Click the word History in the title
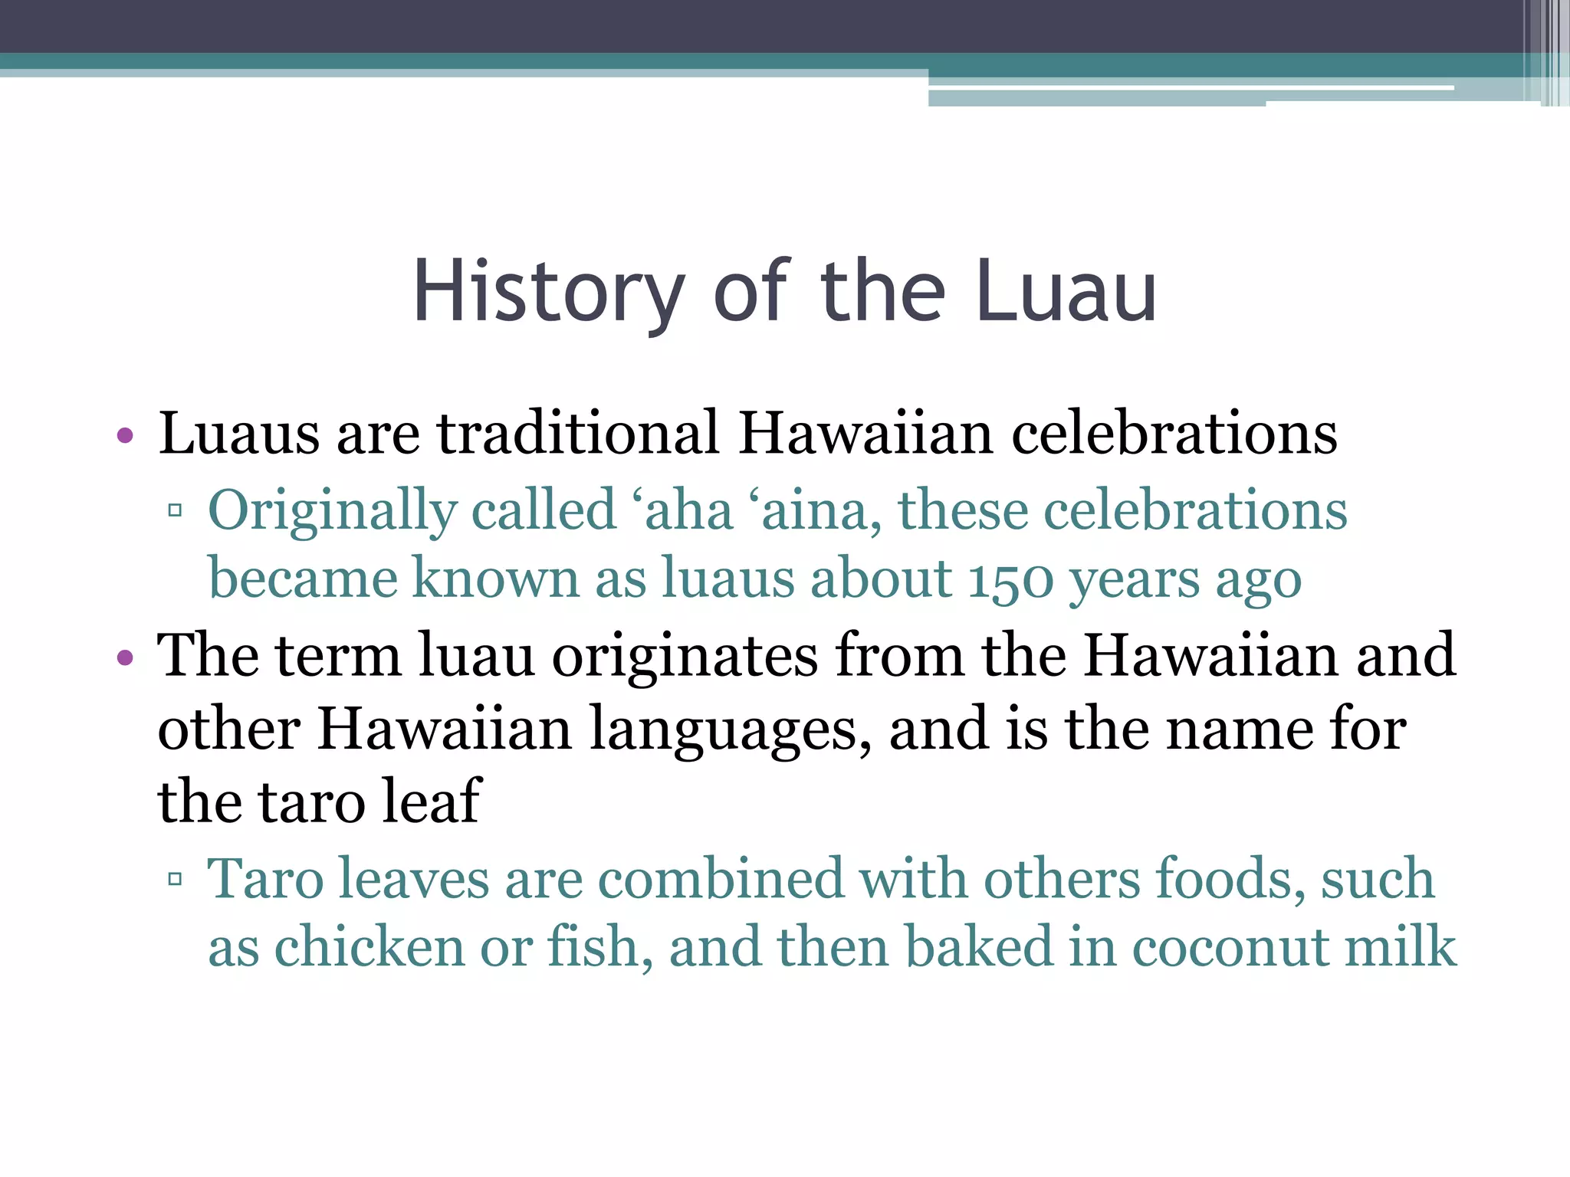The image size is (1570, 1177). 548,293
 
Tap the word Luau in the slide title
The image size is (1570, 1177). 1066,293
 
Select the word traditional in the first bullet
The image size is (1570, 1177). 578,434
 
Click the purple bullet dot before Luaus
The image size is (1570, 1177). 125,437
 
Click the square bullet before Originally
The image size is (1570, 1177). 175,510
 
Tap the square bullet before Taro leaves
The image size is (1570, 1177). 175,878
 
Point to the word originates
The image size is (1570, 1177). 685,657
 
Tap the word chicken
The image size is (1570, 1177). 369,947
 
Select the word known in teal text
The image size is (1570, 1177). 495,579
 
